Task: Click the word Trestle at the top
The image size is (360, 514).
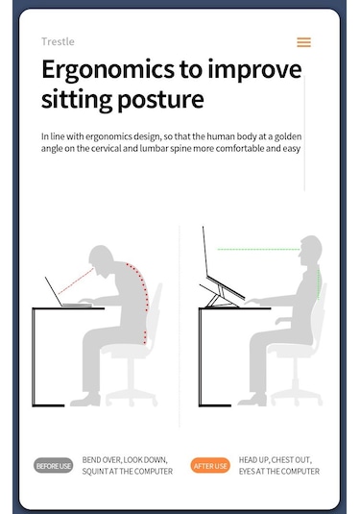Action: [x=58, y=41]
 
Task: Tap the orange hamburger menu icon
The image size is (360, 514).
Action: [x=303, y=42]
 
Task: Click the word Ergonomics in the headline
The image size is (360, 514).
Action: [x=108, y=70]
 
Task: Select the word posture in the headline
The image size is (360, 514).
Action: [x=160, y=100]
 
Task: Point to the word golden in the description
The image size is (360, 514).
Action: [x=288, y=136]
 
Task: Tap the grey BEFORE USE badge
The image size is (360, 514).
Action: [x=53, y=466]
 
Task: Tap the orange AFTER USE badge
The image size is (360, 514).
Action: [x=210, y=466]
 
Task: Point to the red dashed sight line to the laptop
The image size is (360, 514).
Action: [x=76, y=281]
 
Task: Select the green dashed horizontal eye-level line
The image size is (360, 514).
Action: [x=258, y=250]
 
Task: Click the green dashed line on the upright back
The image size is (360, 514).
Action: [x=319, y=282]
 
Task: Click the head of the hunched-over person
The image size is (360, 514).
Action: [x=101, y=258]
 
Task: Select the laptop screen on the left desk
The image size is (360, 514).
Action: [x=54, y=291]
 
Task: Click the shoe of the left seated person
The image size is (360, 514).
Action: [x=85, y=400]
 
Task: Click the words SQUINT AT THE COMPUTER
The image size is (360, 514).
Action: [x=128, y=472]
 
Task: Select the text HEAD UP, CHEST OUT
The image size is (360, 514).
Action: [x=276, y=460]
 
